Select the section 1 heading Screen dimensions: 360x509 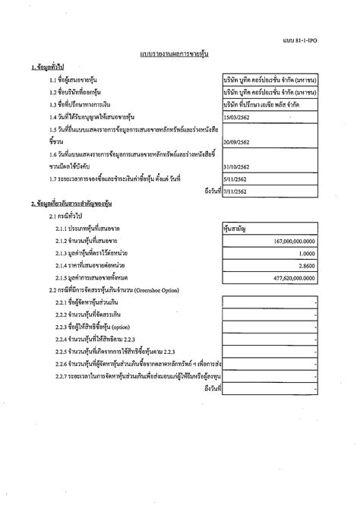point(48,68)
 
